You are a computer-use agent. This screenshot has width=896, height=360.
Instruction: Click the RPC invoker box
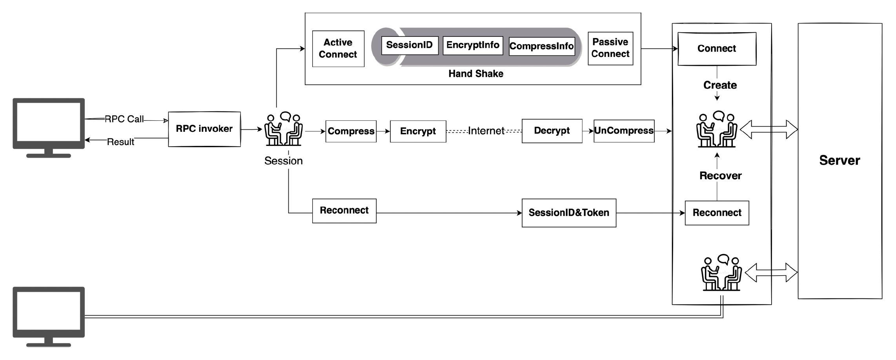204,129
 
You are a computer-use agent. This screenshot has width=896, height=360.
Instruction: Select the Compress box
351,131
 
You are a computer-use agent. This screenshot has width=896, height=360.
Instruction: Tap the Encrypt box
418,131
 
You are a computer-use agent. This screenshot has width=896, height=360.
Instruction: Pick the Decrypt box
552,131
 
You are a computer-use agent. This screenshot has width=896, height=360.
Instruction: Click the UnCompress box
624,131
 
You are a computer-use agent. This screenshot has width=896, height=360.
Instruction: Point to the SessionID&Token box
568,213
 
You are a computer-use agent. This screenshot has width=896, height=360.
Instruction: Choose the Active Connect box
338,48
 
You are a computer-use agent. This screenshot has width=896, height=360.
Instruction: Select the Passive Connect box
610,48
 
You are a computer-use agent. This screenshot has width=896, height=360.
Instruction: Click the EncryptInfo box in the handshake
473,45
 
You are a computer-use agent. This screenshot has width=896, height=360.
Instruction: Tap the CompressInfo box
541,46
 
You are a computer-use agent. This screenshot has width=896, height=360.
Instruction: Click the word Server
840,160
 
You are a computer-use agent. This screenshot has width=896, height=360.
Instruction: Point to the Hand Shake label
475,74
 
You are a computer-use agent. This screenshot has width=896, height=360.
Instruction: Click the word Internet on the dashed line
486,131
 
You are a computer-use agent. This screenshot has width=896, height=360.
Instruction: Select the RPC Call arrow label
124,119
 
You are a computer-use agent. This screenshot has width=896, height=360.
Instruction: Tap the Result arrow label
120,142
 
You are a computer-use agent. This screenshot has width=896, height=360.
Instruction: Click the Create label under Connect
720,85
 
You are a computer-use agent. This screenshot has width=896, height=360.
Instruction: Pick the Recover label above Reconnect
720,176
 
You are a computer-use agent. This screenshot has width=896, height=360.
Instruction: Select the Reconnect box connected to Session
344,211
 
